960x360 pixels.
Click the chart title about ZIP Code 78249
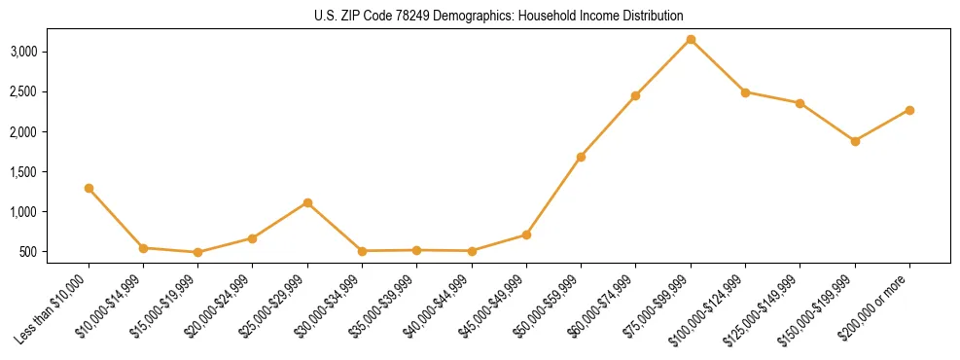499,17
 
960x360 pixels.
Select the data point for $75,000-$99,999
691,39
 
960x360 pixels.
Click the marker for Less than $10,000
89,188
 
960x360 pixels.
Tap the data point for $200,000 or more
909,110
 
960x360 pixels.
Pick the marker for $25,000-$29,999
307,202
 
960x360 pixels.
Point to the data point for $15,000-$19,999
198,252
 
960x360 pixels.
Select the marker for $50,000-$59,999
581,157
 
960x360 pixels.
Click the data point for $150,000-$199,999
855,141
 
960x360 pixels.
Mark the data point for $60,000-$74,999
635,95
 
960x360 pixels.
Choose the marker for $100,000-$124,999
745,91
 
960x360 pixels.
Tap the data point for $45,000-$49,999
526,234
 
